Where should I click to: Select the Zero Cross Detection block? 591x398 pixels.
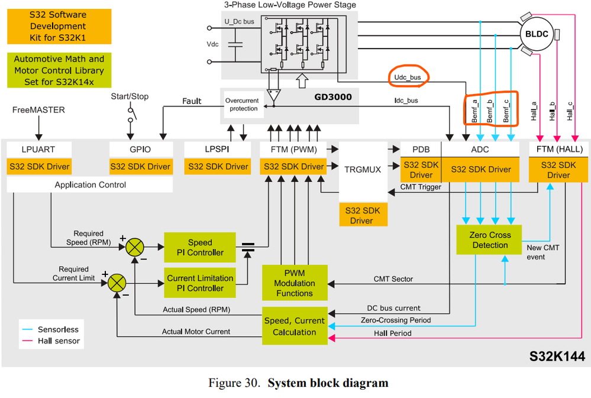[489, 240]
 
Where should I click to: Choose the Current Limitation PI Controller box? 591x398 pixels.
[199, 283]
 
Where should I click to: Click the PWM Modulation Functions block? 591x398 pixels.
[295, 283]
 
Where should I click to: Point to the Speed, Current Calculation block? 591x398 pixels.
[294, 326]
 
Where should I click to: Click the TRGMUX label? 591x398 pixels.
[362, 169]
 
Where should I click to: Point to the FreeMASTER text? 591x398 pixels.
[38, 109]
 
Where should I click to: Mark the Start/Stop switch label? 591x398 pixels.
[130, 96]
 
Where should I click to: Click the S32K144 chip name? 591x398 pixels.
[556, 356]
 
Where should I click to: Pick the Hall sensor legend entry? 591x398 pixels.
[59, 341]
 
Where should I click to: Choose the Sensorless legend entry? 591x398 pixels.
[58, 329]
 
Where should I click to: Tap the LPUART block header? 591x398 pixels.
[38, 150]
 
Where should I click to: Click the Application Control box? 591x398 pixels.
[90, 185]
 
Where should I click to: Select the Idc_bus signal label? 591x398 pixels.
[406, 101]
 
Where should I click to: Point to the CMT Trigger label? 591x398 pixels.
[421, 187]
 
